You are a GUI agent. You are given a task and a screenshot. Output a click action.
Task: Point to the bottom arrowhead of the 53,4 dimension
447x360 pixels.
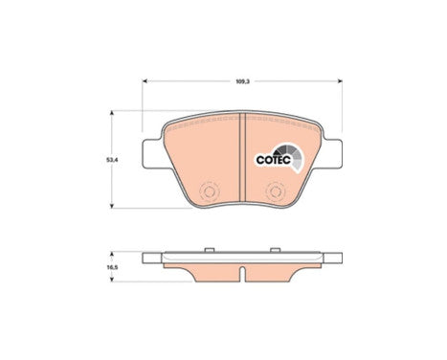point(117,205)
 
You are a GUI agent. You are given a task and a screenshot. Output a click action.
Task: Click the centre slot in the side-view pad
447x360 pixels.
point(245,275)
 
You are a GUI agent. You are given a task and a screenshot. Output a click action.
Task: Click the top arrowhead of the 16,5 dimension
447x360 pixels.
point(117,257)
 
